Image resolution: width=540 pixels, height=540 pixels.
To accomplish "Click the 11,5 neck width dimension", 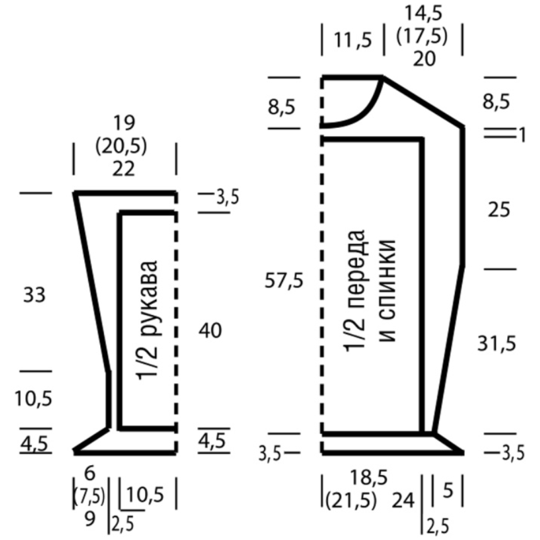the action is (x=353, y=40).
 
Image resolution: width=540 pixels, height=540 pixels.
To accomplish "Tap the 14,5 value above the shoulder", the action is (x=423, y=14).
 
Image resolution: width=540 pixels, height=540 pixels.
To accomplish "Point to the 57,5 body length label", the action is (x=284, y=280).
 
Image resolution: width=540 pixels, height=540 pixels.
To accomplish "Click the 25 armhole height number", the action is (x=498, y=209).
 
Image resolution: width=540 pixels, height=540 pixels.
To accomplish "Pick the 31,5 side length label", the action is (x=497, y=343).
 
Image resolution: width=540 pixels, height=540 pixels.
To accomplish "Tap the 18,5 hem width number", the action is (x=369, y=478).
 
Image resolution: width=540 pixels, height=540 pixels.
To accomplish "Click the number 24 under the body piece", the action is (x=403, y=500).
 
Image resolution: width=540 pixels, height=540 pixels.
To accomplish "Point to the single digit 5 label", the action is (x=448, y=490).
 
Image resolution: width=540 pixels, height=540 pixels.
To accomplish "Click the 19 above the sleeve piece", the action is (x=124, y=123).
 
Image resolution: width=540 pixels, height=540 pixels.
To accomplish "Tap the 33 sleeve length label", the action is (x=34, y=295).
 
